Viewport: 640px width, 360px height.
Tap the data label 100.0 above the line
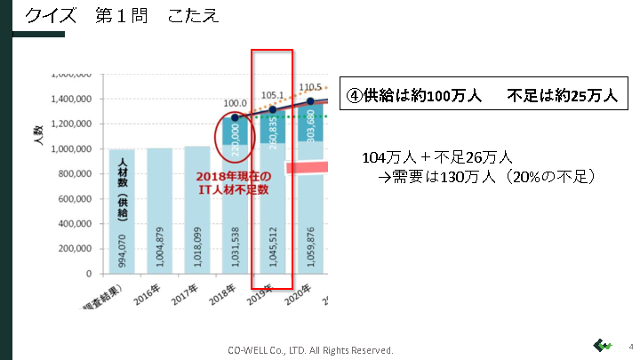point(236,103)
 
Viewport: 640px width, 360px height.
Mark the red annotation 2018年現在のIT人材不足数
point(233,183)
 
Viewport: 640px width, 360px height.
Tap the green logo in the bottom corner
point(604,345)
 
